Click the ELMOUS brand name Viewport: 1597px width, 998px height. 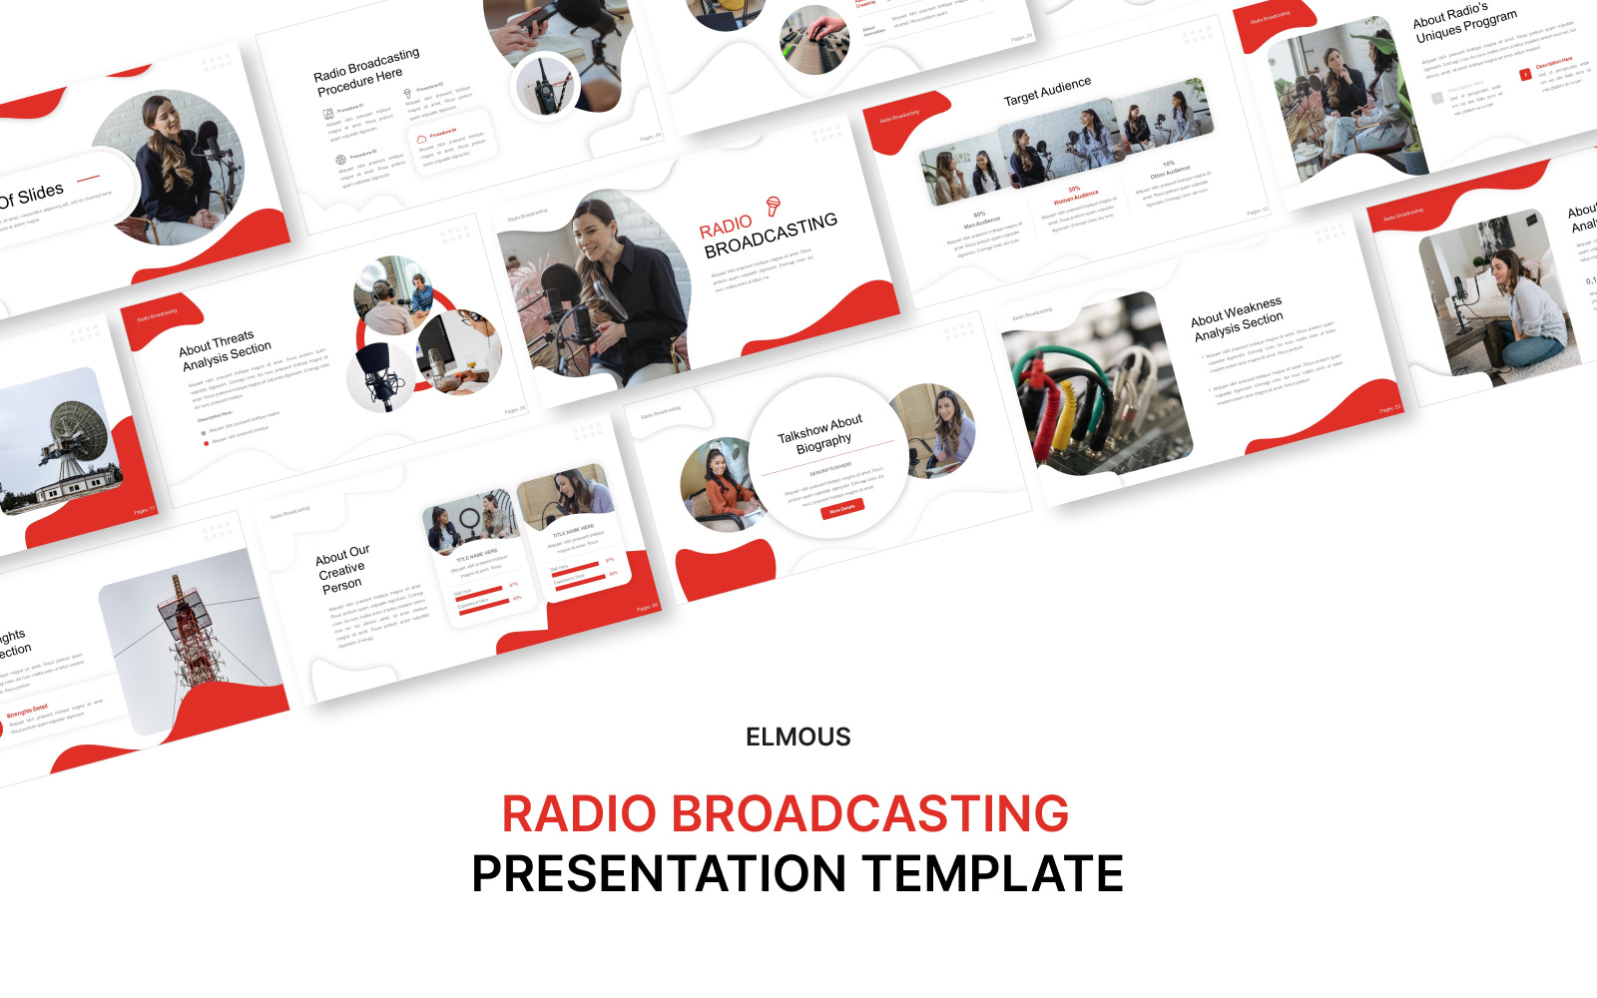(x=798, y=737)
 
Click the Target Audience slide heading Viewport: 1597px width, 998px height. (x=1047, y=92)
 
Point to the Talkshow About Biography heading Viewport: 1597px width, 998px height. (x=821, y=435)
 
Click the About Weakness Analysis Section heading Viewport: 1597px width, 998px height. (x=1238, y=318)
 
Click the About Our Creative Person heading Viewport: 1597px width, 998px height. (x=341, y=569)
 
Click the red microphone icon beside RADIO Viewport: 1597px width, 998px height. (x=773, y=206)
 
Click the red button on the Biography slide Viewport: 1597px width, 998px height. (x=841, y=510)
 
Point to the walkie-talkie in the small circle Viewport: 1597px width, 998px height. (x=545, y=86)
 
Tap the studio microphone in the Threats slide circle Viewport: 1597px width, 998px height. (x=379, y=374)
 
